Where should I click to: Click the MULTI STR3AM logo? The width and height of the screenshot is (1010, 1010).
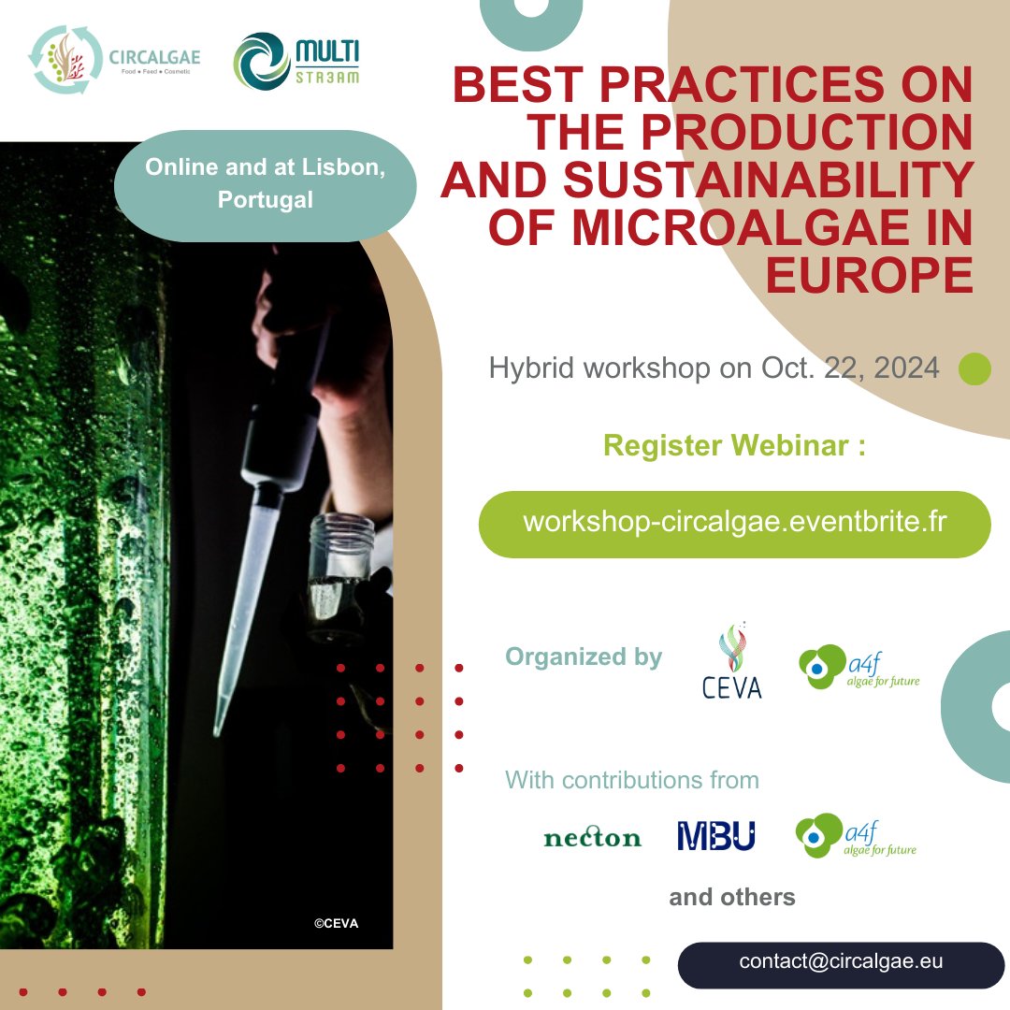pos(296,62)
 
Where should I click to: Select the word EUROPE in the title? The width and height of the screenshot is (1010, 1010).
pos(869,275)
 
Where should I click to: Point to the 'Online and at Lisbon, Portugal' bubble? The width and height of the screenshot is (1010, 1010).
pos(265,185)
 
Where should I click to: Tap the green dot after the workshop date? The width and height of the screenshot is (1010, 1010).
pos(974,368)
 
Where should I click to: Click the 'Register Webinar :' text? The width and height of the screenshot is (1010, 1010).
pos(734,446)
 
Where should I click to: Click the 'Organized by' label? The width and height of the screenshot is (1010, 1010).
pos(584,656)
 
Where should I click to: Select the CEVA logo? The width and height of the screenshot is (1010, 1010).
pos(731,664)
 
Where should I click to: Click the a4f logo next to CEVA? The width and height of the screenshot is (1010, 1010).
pos(858,668)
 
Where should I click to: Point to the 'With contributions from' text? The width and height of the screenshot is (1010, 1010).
pos(632,779)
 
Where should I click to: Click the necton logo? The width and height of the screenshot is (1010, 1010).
pos(592,837)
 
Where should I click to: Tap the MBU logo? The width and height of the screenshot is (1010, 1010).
pos(715,836)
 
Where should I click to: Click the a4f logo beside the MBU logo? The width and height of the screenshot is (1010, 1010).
pos(855,836)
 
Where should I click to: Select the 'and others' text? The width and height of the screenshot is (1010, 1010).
pos(732,898)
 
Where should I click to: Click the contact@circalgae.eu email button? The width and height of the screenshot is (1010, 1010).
pos(841,962)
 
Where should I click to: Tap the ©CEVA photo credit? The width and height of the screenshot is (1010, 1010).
pos(336,923)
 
